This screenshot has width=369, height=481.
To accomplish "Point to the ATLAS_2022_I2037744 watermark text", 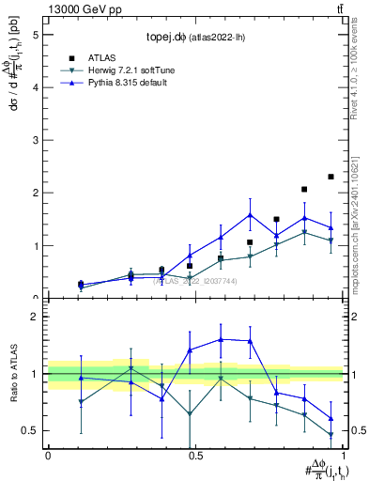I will (195, 280).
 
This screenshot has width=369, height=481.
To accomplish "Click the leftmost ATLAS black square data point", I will (81, 284).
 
